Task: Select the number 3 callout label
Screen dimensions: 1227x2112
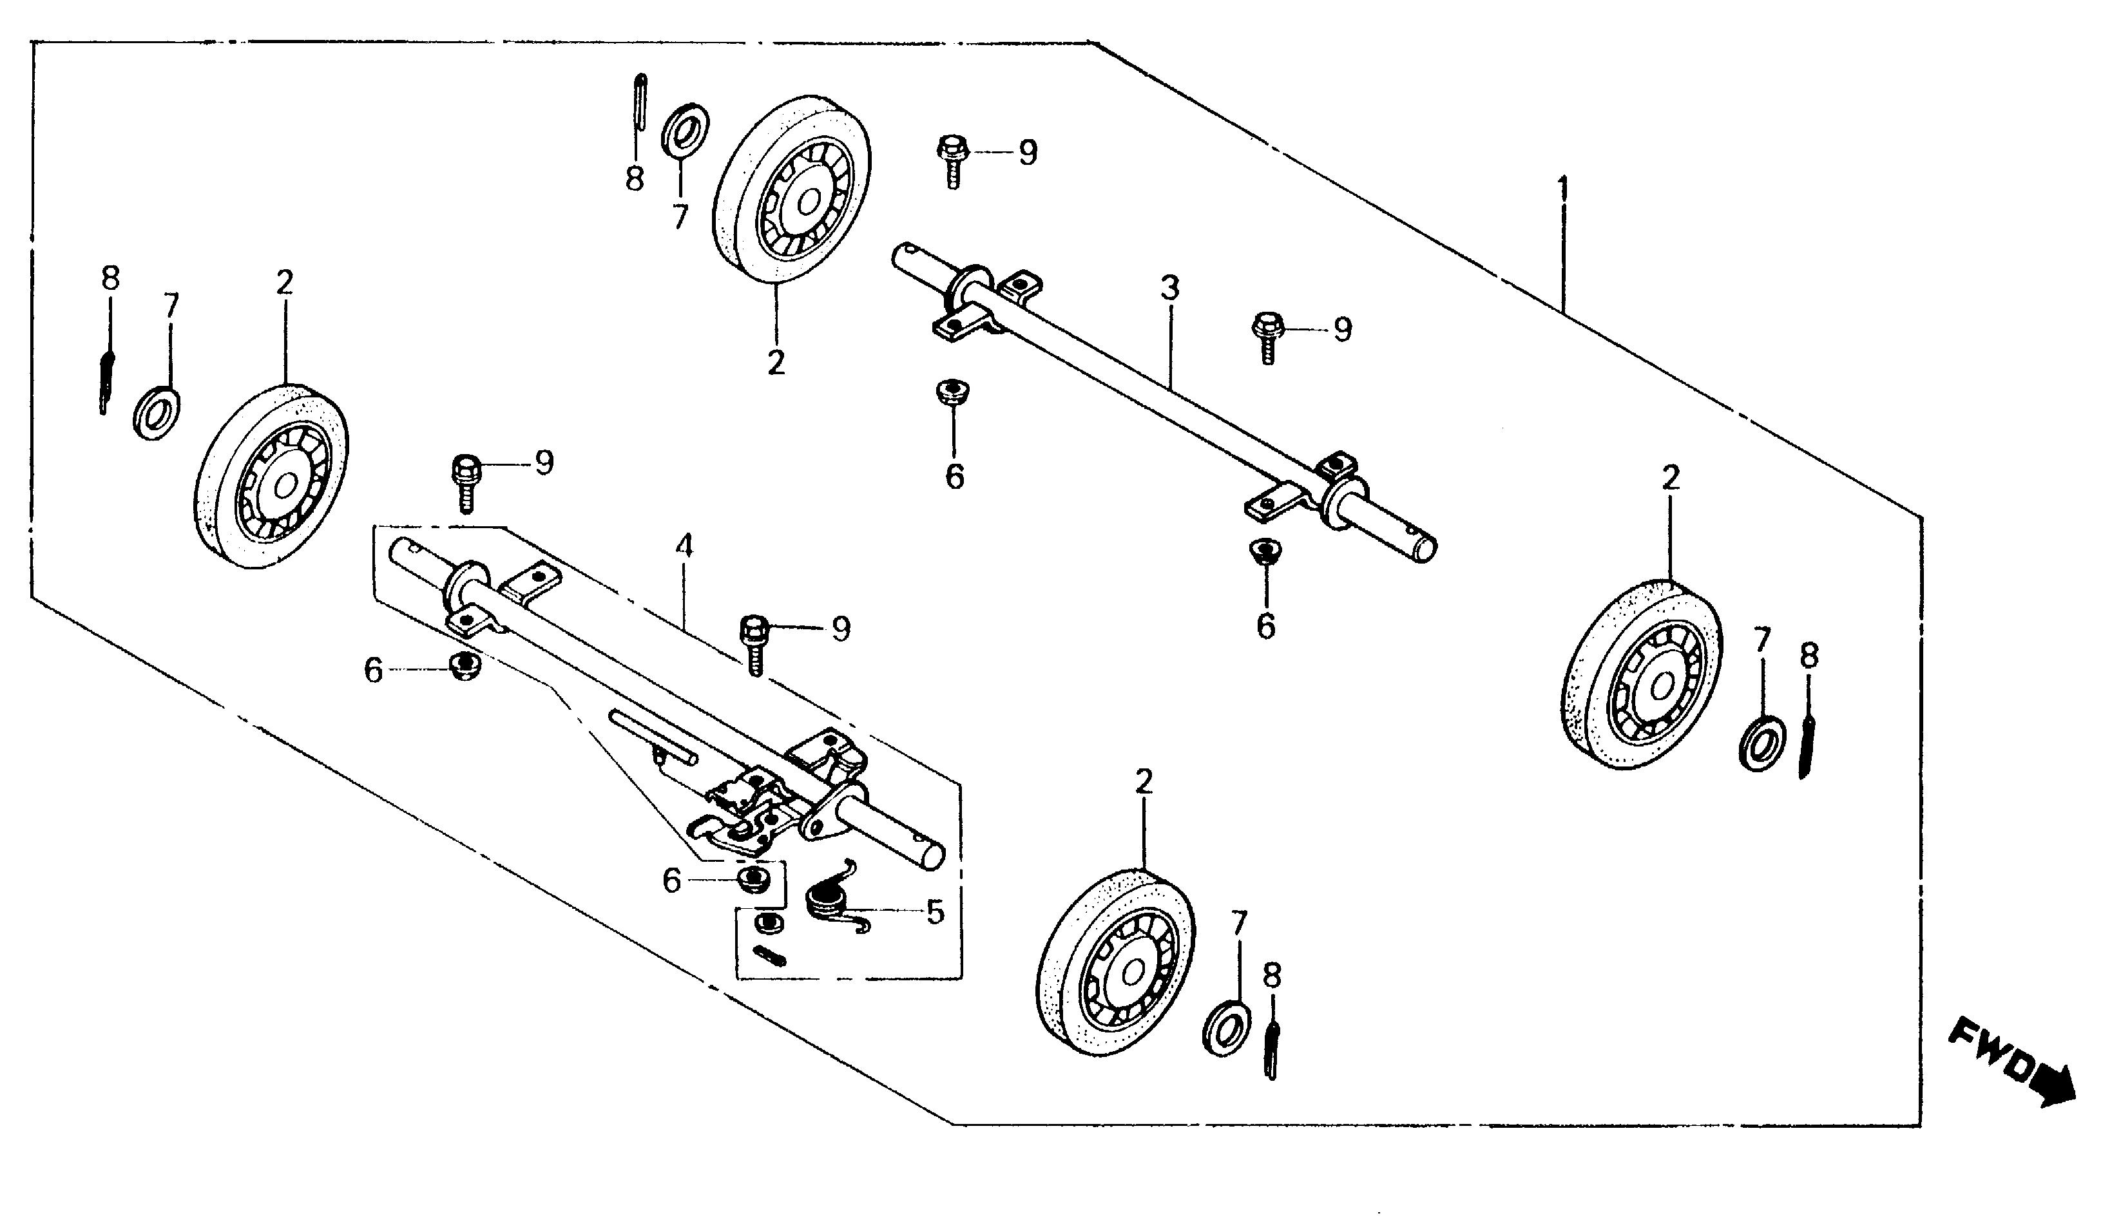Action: coord(1170,289)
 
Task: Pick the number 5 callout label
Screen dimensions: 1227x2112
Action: coord(934,911)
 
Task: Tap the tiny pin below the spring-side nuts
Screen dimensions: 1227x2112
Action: coord(769,955)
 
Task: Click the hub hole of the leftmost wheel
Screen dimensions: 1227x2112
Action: coord(285,484)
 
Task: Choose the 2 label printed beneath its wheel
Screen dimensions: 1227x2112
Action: coord(776,362)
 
